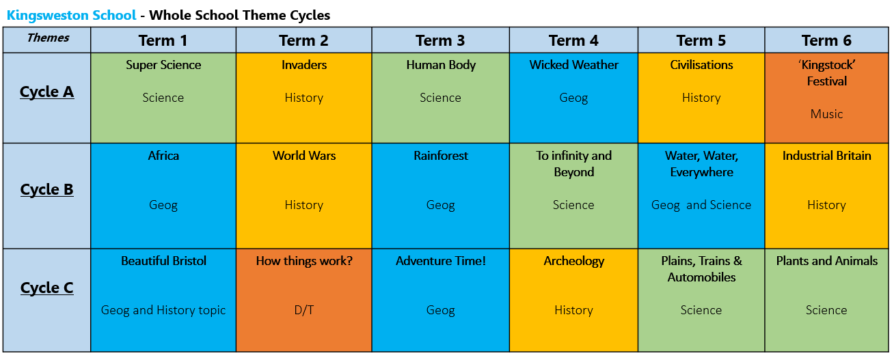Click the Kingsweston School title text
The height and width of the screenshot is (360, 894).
point(72,15)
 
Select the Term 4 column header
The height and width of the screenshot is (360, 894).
point(573,41)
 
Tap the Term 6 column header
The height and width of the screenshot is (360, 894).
point(826,41)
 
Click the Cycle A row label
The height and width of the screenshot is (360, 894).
point(46,92)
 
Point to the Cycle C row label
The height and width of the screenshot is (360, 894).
point(46,288)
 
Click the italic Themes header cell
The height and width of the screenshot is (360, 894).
point(48,38)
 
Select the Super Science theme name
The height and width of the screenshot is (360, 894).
point(163,65)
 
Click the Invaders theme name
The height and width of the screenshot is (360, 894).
point(304,65)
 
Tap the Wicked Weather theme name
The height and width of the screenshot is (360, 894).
point(574,65)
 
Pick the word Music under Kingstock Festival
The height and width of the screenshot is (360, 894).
point(826,114)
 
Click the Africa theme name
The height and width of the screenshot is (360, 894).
point(163,156)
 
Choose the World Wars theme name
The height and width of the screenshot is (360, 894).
point(304,156)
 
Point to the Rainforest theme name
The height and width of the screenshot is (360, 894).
point(441,156)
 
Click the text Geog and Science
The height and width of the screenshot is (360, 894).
point(701,205)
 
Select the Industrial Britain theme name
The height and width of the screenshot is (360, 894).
point(826,156)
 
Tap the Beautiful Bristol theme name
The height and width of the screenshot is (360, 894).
point(163,261)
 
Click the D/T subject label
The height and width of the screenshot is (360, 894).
point(304,310)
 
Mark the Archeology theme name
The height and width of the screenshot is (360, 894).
point(574,261)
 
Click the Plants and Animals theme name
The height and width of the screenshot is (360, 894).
point(826,261)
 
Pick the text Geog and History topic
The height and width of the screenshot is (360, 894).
point(163,311)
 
